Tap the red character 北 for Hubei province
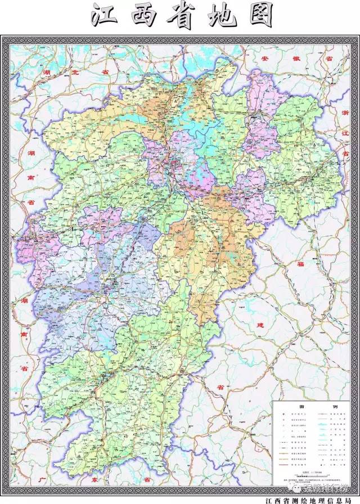click(x=75, y=74)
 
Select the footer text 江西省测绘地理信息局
click(x=306, y=499)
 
